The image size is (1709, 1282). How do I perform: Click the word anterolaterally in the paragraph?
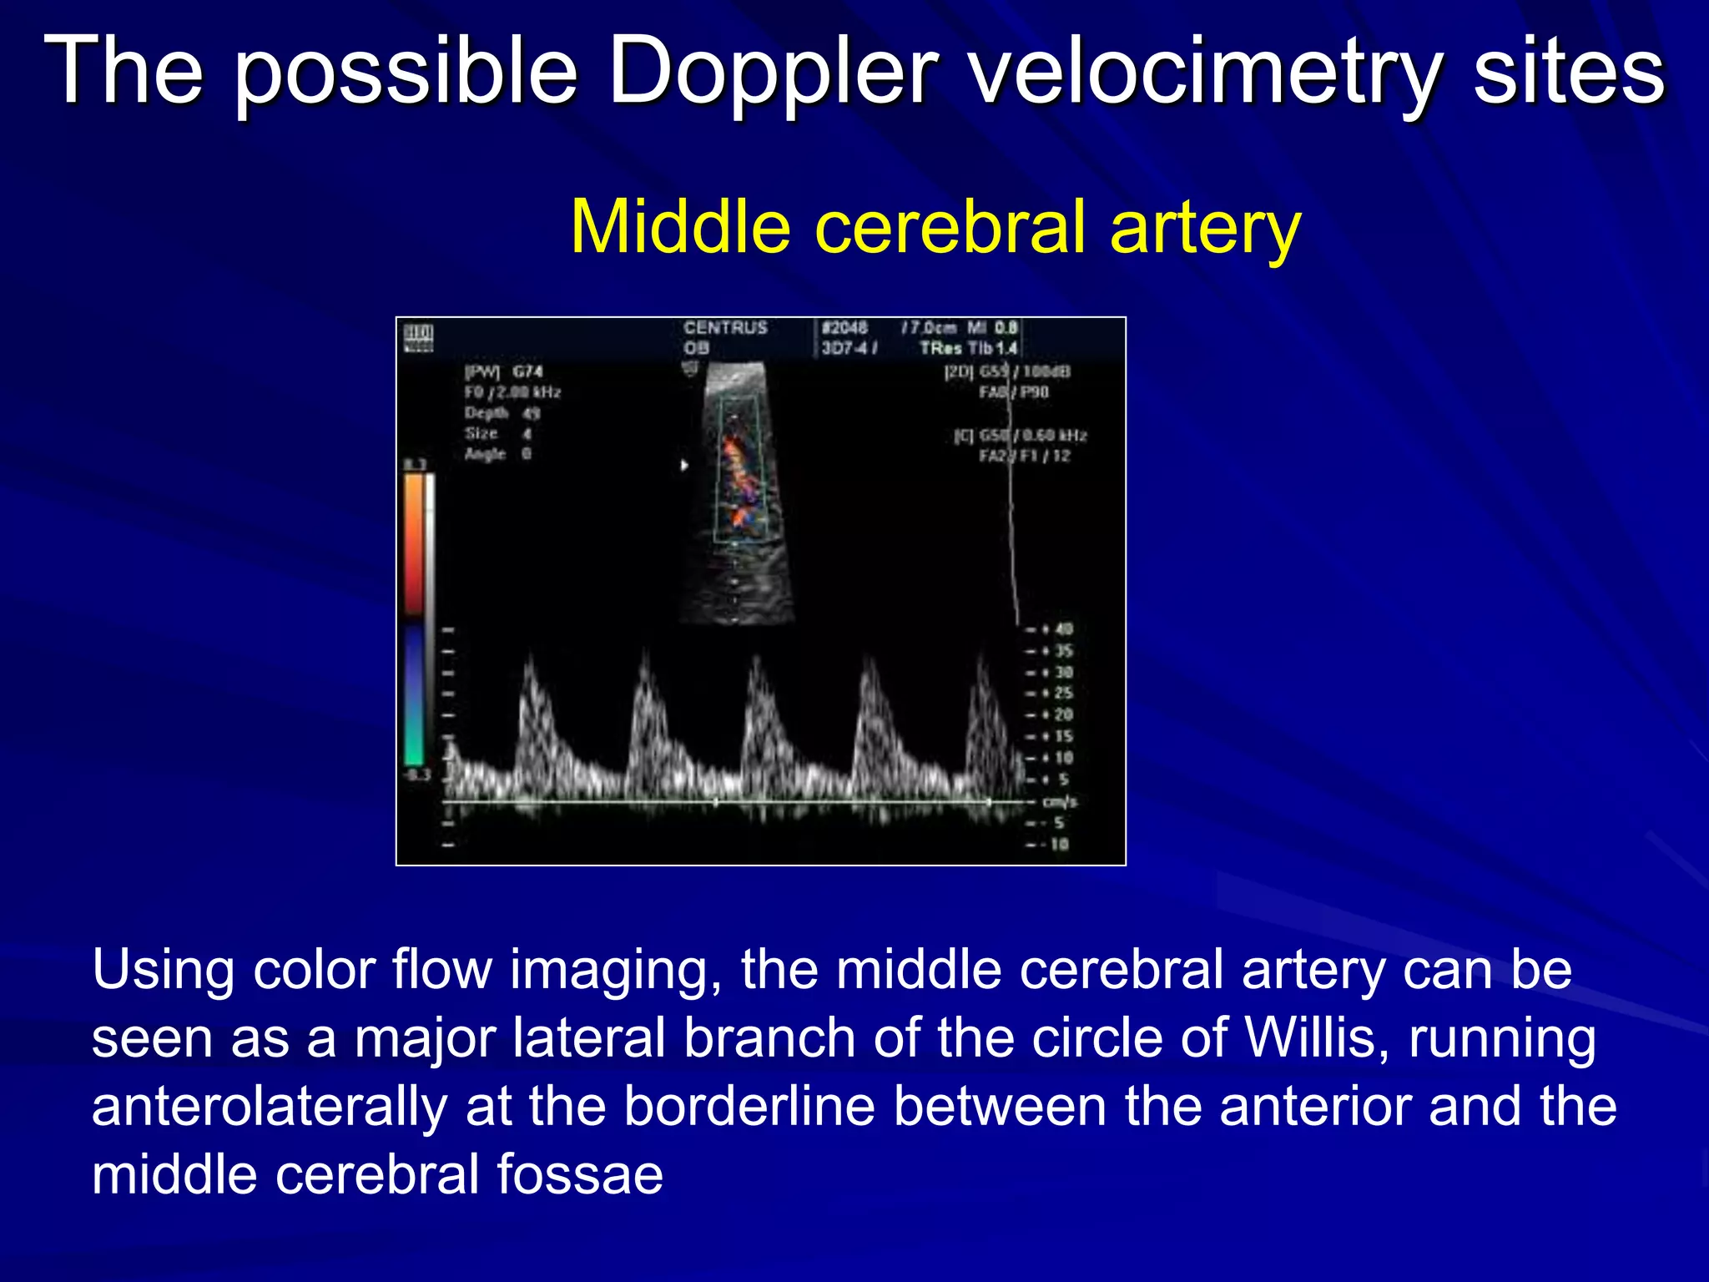269,1107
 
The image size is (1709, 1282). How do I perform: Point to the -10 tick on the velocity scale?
1055,844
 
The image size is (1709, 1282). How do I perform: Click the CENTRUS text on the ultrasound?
725,327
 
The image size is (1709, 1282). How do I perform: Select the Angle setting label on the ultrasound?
486,453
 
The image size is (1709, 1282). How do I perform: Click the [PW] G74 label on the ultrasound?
503,371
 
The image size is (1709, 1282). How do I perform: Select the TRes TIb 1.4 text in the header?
968,348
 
